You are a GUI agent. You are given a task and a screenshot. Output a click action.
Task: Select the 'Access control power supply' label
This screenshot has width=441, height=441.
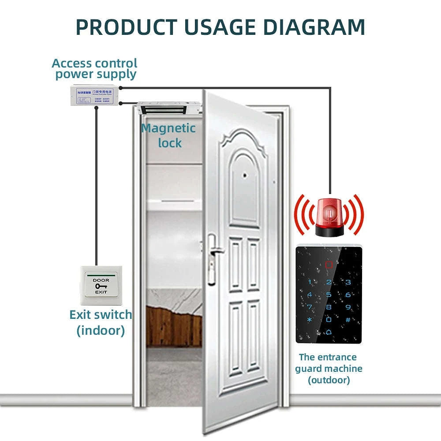[x=95, y=69]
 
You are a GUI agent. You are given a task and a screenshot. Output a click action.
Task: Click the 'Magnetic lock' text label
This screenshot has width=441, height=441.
[x=168, y=135]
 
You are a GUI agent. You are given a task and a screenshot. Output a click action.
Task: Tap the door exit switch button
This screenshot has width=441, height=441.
[x=101, y=286]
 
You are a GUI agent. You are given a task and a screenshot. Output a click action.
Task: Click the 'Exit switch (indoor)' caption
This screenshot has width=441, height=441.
[x=101, y=322]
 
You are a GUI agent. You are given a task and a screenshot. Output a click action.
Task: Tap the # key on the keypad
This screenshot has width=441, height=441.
[x=348, y=320]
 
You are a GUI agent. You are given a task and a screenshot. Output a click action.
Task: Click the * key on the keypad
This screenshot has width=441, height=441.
[x=310, y=320]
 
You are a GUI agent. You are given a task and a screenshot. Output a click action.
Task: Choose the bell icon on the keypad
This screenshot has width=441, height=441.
[x=329, y=333]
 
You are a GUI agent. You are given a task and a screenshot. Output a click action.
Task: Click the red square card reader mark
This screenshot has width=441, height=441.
[x=329, y=265]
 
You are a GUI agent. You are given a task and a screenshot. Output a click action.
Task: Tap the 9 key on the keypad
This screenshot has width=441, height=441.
[x=348, y=307]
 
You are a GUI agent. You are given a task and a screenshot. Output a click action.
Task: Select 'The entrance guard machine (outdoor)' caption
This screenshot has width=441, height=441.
[x=329, y=368]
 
